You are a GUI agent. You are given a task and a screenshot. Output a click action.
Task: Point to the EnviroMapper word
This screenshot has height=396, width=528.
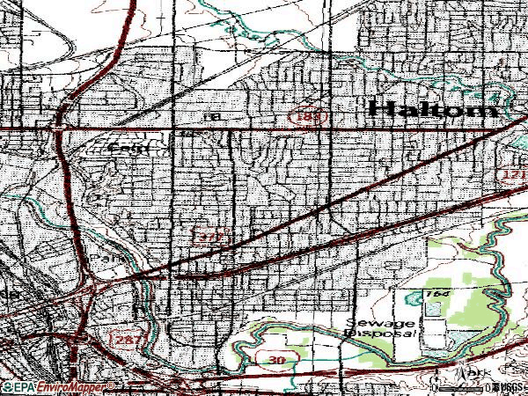point(66,388)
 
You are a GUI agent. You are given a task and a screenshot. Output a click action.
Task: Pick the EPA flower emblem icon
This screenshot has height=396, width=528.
point(5,388)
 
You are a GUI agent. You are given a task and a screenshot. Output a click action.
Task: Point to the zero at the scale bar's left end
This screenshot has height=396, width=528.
point(435,388)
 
